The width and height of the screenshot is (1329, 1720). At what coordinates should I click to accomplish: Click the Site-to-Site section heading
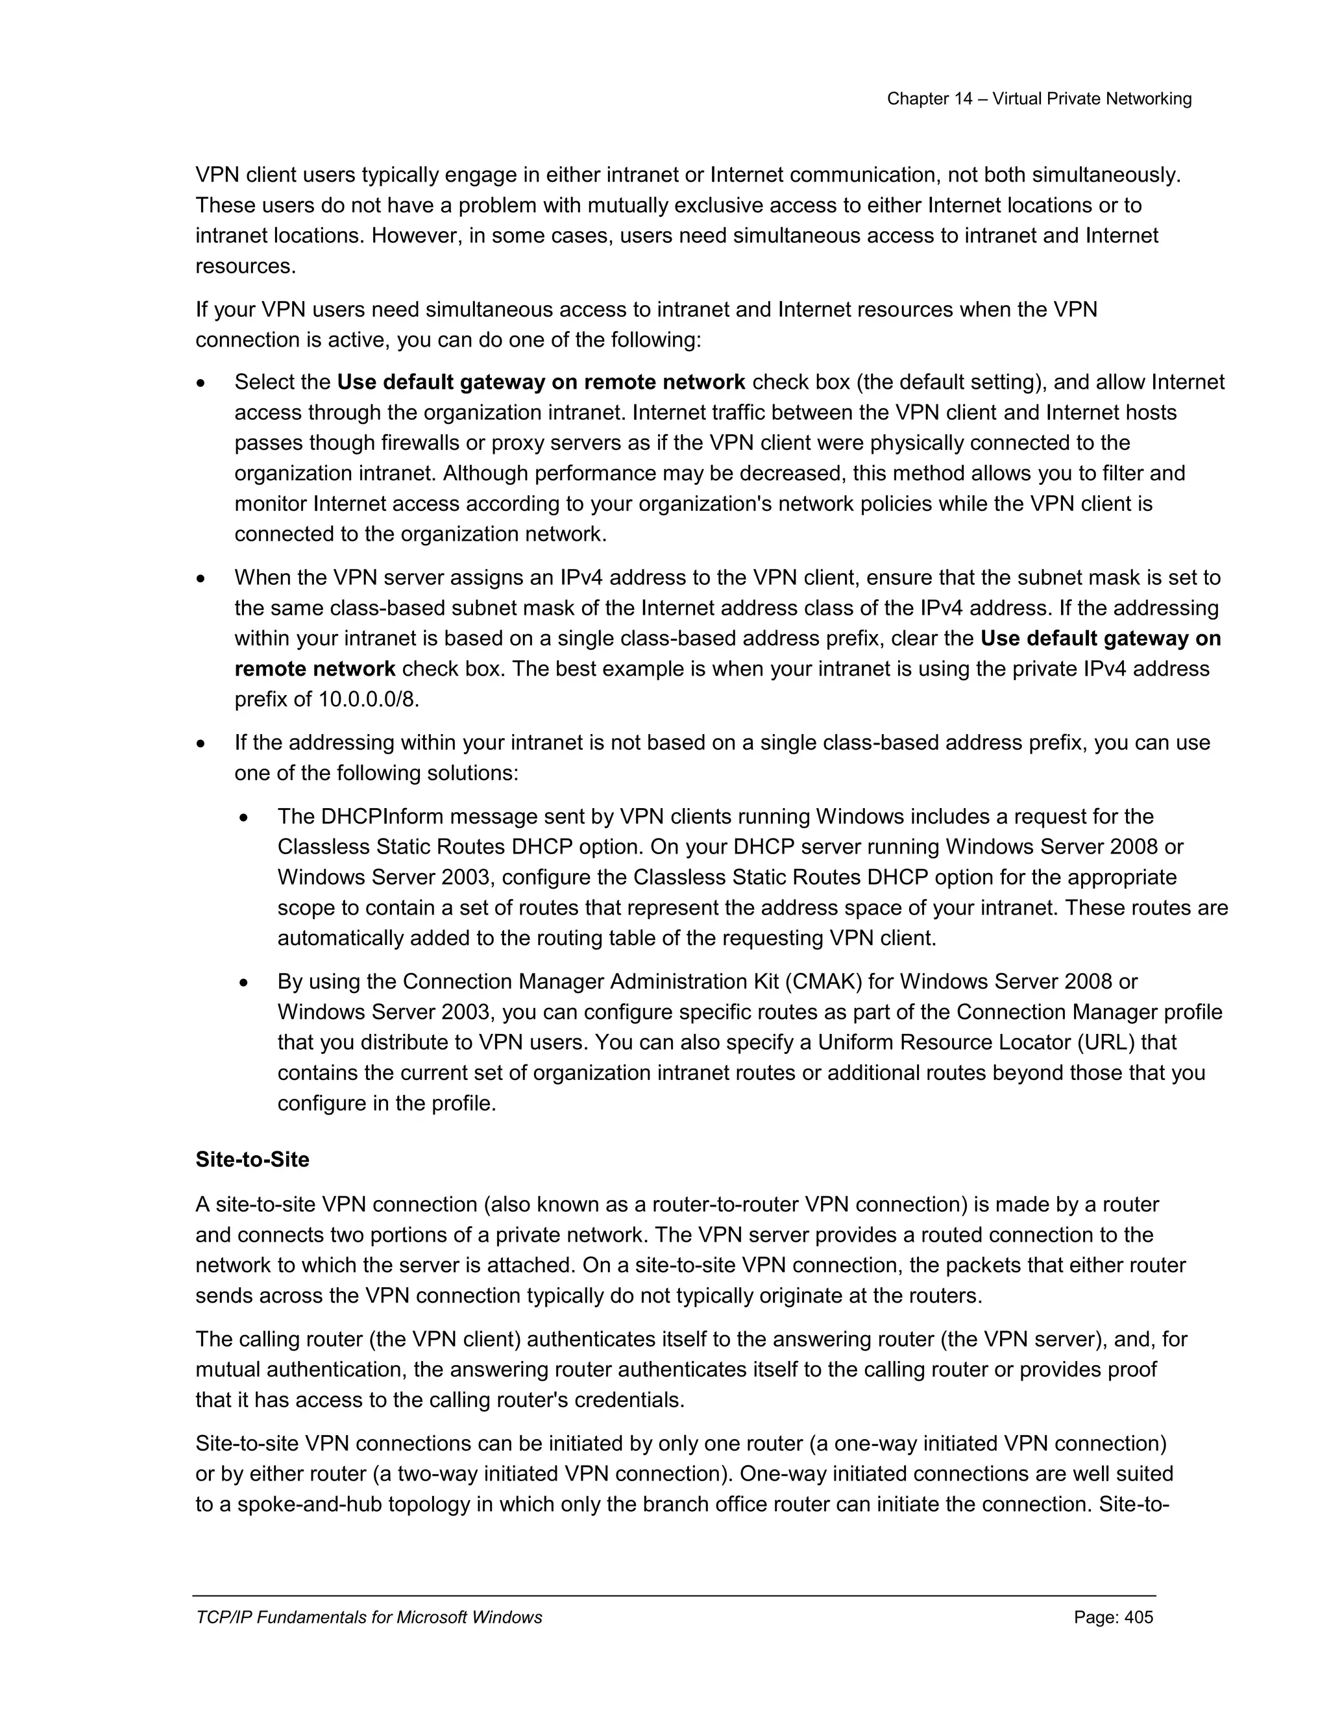tap(252, 1159)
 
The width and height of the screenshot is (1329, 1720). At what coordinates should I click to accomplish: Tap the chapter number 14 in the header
tap(963, 99)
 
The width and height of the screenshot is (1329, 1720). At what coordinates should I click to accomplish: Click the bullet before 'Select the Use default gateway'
tap(202, 384)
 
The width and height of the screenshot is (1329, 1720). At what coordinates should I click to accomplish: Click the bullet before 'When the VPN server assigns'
tap(202, 579)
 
